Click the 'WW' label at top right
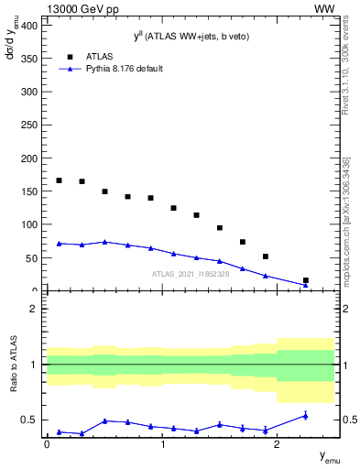(x=324, y=8)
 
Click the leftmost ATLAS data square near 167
(x=59, y=180)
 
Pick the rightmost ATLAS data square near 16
(x=305, y=280)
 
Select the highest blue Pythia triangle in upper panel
(x=104, y=242)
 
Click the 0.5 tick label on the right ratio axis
(x=348, y=420)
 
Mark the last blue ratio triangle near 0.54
(x=305, y=416)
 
